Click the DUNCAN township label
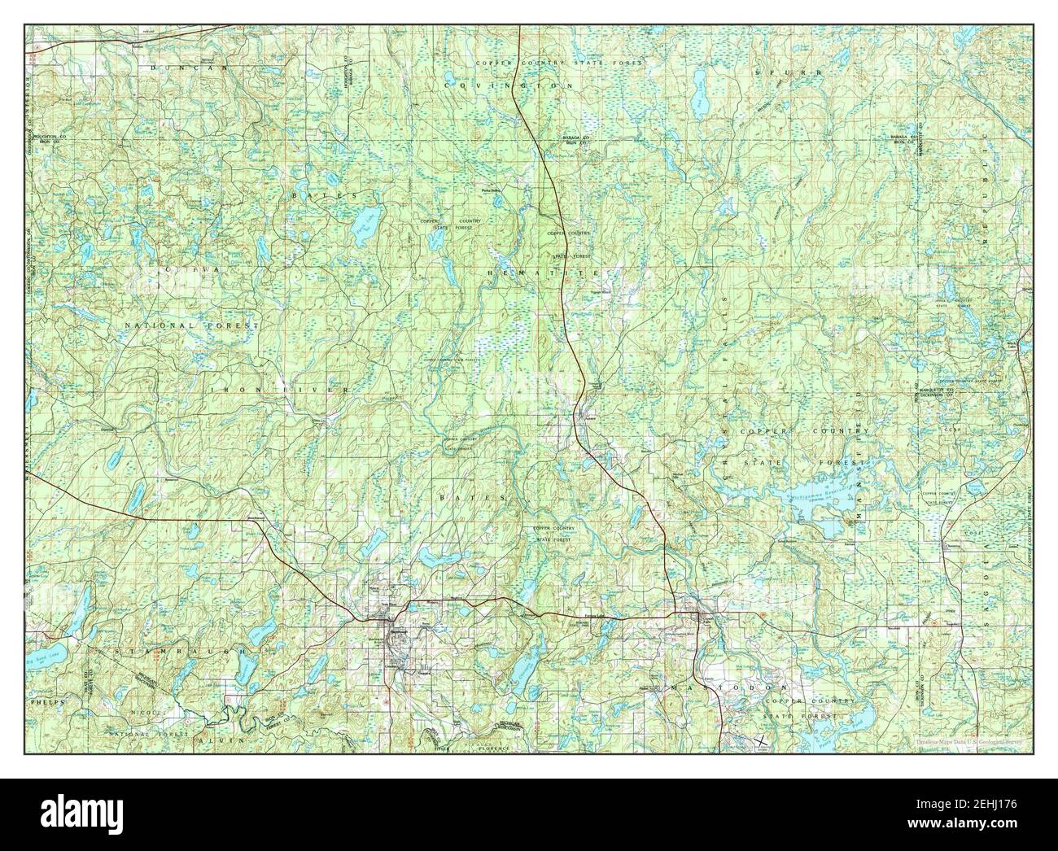177,70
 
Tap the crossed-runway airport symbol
759,740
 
